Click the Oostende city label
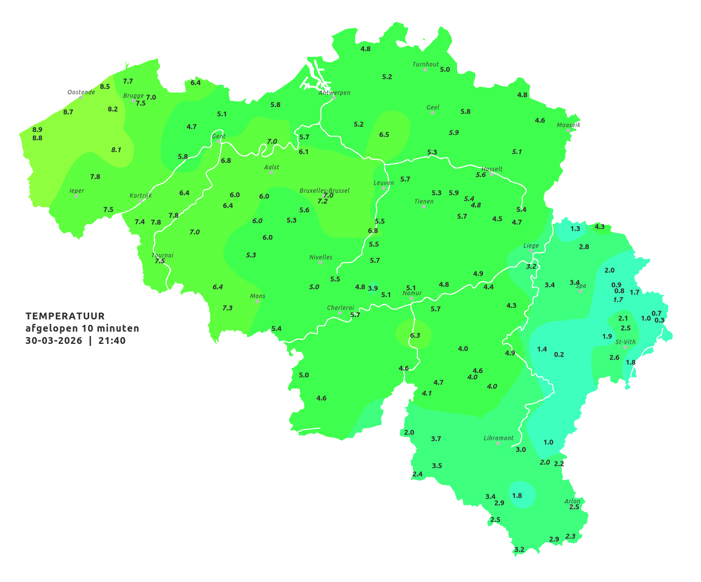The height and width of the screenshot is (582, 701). click(x=81, y=92)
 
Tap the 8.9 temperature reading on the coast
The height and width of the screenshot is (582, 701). click(x=37, y=130)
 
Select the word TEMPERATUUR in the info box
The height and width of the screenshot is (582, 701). click(x=65, y=316)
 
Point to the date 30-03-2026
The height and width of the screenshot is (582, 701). click(x=54, y=340)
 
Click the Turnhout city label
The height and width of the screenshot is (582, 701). click(x=426, y=64)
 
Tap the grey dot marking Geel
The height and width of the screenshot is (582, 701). click(x=433, y=113)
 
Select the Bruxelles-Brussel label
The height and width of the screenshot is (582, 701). click(x=324, y=190)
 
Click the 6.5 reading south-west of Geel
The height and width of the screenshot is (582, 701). click(x=384, y=134)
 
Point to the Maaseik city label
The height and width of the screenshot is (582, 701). click(x=568, y=125)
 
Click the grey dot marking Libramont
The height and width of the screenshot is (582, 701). click(x=498, y=443)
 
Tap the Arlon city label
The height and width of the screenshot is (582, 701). click(x=572, y=501)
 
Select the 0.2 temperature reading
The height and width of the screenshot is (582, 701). click(x=559, y=355)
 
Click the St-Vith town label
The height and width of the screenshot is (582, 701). click(x=625, y=342)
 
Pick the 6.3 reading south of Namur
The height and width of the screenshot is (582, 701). click(x=415, y=336)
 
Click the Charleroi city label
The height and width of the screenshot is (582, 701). click(x=340, y=308)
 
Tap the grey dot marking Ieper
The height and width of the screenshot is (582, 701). click(x=76, y=196)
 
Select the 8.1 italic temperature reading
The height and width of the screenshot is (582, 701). click(x=116, y=150)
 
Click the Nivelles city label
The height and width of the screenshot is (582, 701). click(x=321, y=257)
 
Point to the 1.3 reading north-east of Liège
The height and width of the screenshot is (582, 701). click(x=575, y=229)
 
